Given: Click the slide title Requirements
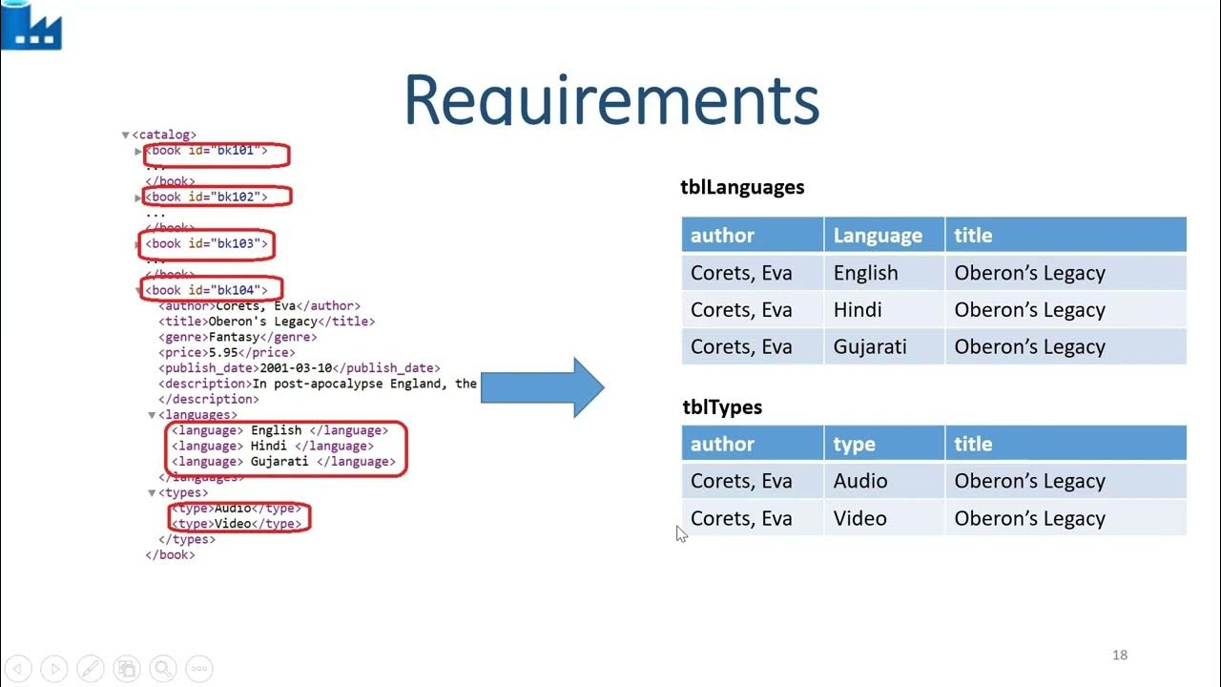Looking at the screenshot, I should pos(610,99).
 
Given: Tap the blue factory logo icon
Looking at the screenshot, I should pos(31,26).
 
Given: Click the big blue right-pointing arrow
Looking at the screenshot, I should pos(543,387).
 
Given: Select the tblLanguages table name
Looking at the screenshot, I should pos(742,187).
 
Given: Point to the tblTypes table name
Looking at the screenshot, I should pos(722,407).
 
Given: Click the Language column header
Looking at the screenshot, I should pos(878,235).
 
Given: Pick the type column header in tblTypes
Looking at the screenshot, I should pos(854,444).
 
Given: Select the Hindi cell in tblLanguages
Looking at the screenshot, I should pos(858,310).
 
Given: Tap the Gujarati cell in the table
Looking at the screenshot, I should pos(870,346).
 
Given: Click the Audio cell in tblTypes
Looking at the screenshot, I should pos(860,481).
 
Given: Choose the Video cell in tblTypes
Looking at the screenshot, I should pos(860,518).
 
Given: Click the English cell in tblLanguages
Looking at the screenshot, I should pos(865,273).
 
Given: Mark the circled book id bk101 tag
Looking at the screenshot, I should pos(216,151).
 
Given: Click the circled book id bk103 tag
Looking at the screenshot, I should pos(207,243).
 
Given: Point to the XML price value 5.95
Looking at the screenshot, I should pos(227,352).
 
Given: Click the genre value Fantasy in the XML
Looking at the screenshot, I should pos(234,337).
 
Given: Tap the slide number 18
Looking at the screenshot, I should pos(1120,655).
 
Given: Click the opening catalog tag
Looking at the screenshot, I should pos(164,135).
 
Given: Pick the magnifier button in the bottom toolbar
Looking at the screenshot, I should pos(162,669).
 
